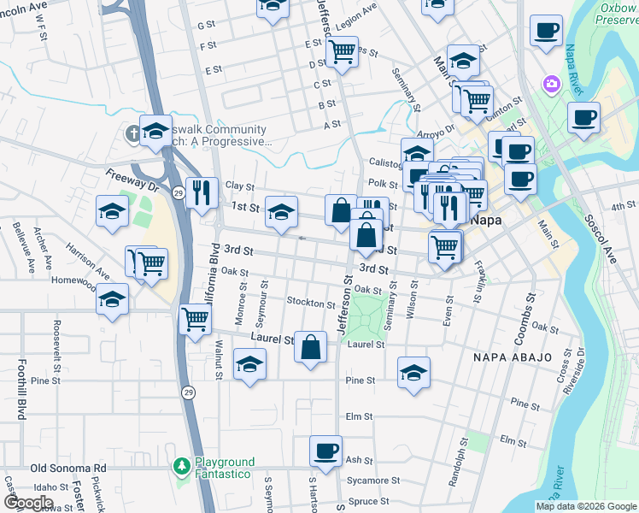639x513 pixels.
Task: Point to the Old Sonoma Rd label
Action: [x=68, y=469]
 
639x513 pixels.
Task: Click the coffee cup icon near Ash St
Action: [x=325, y=451]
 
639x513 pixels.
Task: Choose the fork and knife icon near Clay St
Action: [x=202, y=192]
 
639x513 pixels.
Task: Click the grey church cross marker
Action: [x=133, y=134]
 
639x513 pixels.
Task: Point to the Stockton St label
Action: [x=311, y=304]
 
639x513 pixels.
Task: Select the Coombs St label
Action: [x=522, y=308]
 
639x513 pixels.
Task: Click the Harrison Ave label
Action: [x=86, y=260]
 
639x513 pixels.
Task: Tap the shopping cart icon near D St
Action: [x=342, y=50]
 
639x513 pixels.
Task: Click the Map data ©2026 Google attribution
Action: [x=585, y=506]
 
